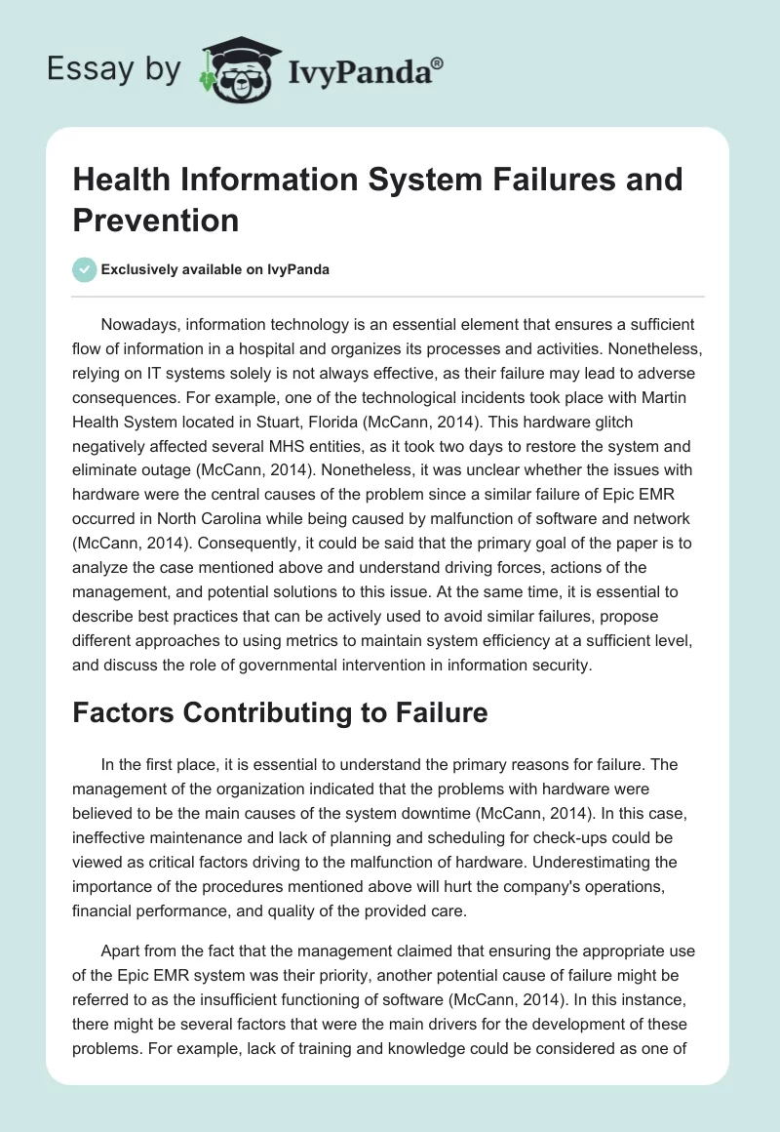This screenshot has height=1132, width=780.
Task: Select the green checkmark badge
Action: [x=85, y=269]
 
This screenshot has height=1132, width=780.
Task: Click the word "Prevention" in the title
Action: [x=155, y=220]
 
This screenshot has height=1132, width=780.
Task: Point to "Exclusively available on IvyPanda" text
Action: [x=217, y=270]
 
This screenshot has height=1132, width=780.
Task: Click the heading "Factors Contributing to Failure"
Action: [x=280, y=712]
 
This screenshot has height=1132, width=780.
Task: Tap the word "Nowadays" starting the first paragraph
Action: [x=139, y=324]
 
